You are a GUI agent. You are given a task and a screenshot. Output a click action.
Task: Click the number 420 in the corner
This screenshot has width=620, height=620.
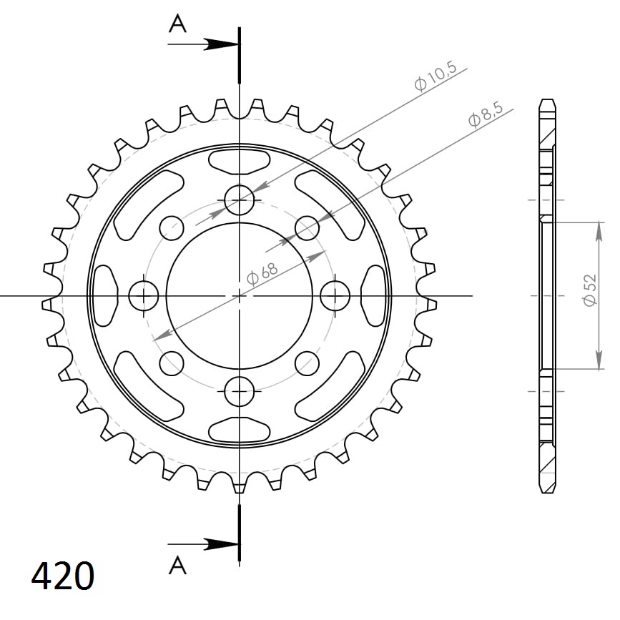click(62, 576)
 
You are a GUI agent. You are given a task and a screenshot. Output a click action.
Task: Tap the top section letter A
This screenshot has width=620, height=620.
click(177, 24)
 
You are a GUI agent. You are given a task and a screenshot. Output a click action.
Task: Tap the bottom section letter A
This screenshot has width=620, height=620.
click(177, 566)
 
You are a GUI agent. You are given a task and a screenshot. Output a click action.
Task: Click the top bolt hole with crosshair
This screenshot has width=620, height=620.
click(239, 200)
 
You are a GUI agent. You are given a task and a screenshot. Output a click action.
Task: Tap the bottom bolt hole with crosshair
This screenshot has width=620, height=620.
click(239, 390)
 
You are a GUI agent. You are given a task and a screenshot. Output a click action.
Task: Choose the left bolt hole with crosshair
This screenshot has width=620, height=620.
click(144, 295)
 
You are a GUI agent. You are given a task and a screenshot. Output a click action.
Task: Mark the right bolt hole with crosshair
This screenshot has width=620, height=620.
click(334, 295)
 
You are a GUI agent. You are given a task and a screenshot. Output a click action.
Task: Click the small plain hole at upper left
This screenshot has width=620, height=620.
click(172, 228)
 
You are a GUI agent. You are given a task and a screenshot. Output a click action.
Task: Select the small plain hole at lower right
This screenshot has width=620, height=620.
click(307, 363)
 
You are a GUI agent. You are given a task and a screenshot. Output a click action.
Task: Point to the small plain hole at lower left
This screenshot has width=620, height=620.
click(172, 363)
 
